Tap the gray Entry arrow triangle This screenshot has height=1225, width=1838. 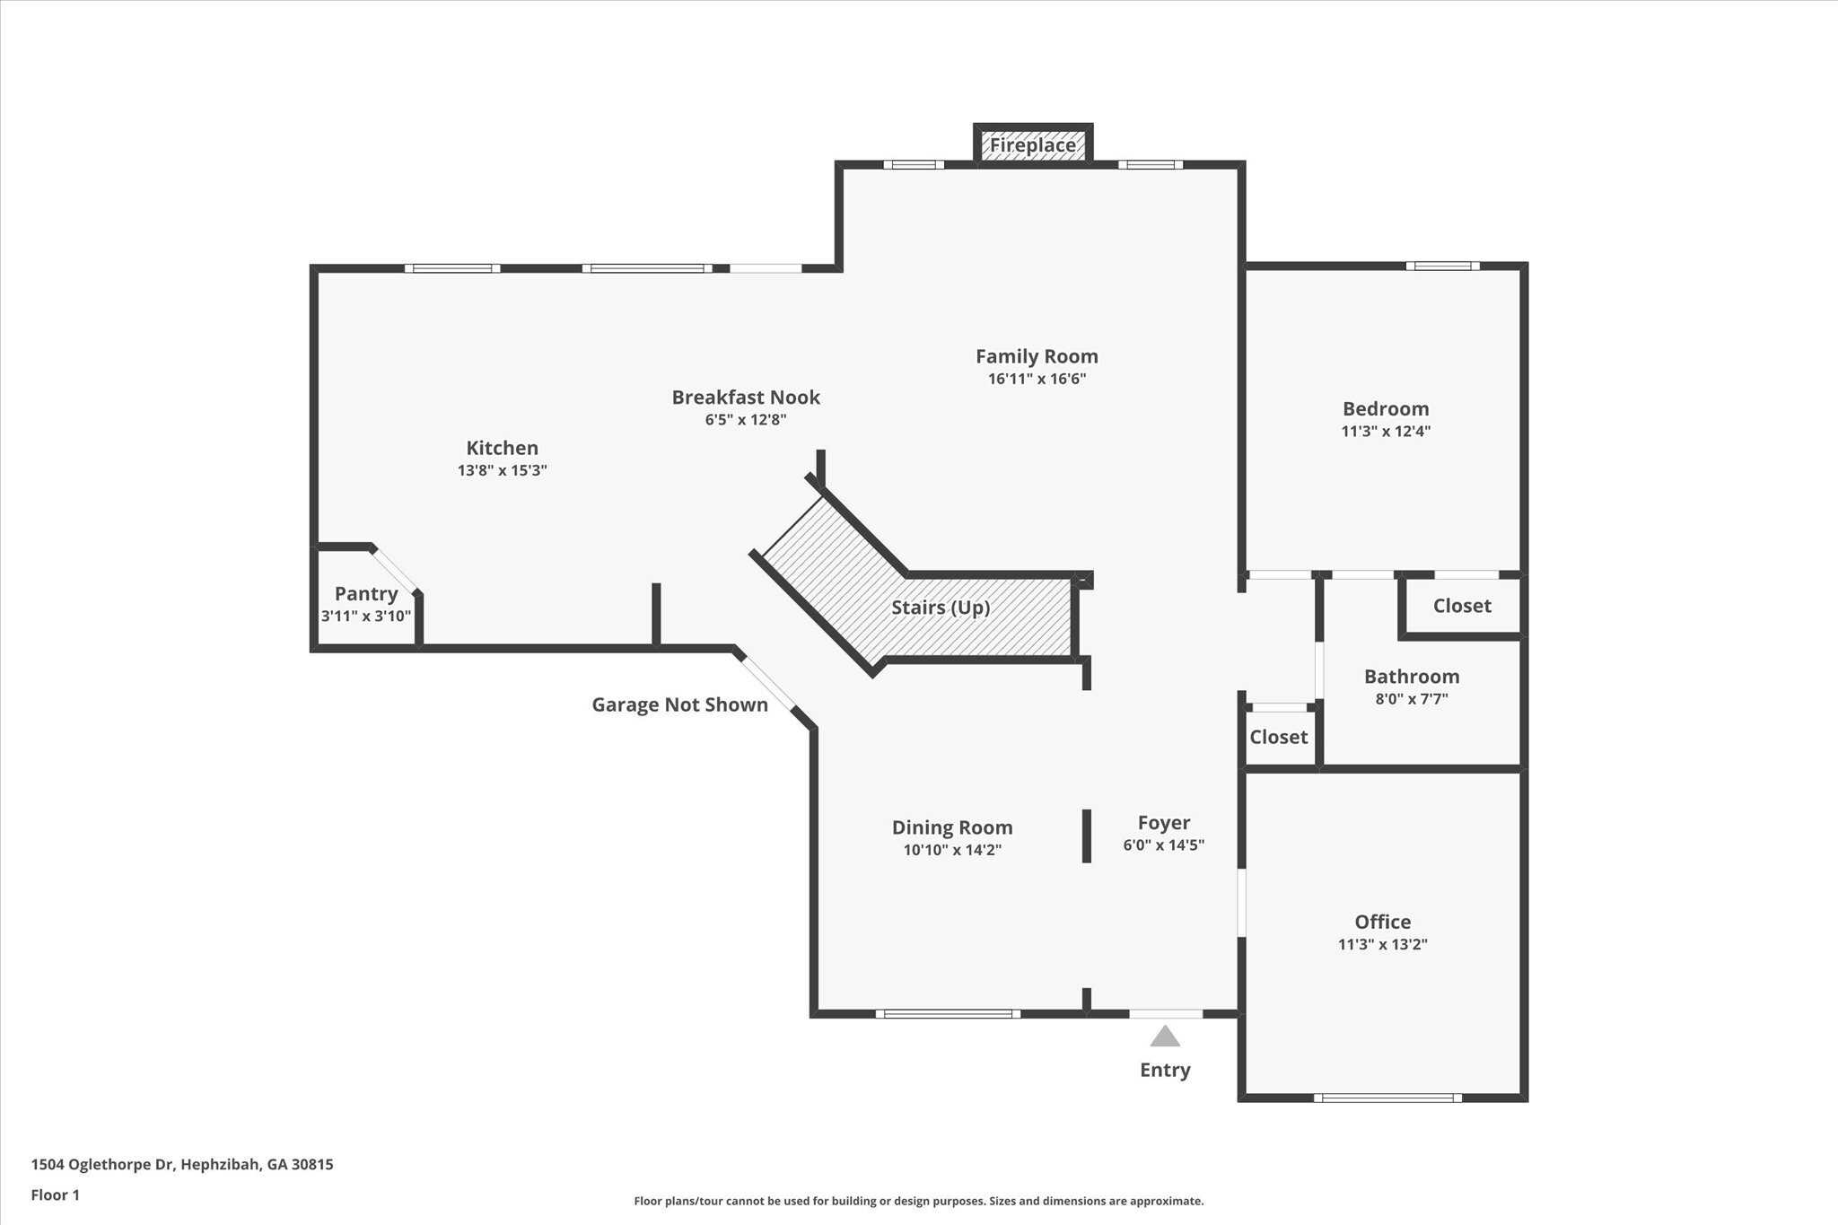(x=1165, y=1036)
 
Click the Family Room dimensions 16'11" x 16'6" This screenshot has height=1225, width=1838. (x=1037, y=379)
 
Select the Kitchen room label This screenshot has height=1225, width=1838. (x=503, y=448)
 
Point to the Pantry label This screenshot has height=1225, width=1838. (x=366, y=593)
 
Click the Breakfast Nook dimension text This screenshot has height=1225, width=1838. (x=746, y=419)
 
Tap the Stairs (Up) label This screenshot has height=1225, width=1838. (x=941, y=608)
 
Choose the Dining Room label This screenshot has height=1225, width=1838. (x=952, y=827)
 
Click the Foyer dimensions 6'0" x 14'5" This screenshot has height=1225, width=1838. (x=1164, y=844)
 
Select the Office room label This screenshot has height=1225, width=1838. (x=1383, y=922)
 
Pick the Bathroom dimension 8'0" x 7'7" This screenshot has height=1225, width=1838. (x=1412, y=698)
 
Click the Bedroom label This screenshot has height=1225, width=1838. (x=1386, y=408)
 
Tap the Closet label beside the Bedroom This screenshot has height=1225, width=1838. (x=1462, y=606)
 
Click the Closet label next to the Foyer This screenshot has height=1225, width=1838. (x=1279, y=737)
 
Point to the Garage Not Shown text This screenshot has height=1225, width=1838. (x=679, y=704)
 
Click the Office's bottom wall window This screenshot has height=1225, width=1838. (x=1387, y=1098)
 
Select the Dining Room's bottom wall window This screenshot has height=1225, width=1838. (x=948, y=1014)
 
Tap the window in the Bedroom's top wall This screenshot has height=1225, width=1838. (x=1443, y=266)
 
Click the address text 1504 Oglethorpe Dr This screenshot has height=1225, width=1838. (x=104, y=1165)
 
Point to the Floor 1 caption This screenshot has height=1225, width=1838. (x=56, y=1195)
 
